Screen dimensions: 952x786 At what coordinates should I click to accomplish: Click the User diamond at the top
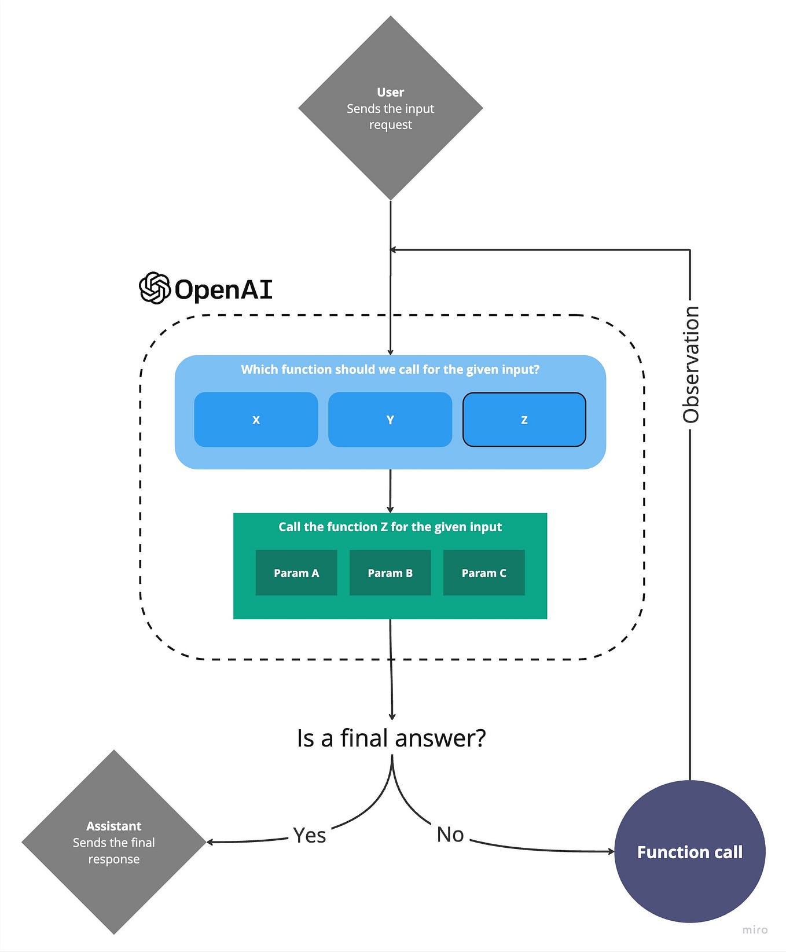coord(391,108)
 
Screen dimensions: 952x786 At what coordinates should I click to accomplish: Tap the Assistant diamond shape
coord(114,842)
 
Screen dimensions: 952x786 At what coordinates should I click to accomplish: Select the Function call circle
coord(689,851)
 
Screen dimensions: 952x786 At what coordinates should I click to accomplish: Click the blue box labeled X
coord(256,420)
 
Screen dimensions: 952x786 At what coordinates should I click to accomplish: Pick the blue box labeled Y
coord(390,420)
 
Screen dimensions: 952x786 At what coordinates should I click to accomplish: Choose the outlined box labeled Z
coord(524,420)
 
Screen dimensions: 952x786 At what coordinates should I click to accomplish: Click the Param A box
coord(296,573)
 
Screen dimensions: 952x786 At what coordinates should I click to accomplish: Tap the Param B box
coord(390,573)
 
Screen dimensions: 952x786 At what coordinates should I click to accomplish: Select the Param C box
coord(484,573)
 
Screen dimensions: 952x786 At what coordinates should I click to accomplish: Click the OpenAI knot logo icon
coord(155,288)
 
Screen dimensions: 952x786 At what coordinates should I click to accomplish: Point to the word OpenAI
coord(223,289)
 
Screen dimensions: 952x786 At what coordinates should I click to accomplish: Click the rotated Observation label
coord(690,365)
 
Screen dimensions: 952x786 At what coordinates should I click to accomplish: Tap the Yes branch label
coord(309,835)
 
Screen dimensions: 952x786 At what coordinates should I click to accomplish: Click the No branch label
coord(450,835)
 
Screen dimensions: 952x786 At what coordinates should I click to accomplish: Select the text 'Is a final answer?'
coord(391,738)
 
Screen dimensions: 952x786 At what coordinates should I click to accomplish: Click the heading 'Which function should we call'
coord(390,369)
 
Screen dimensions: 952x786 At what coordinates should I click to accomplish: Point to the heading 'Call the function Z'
coord(390,527)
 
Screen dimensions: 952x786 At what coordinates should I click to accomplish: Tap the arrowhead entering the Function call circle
coord(611,851)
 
